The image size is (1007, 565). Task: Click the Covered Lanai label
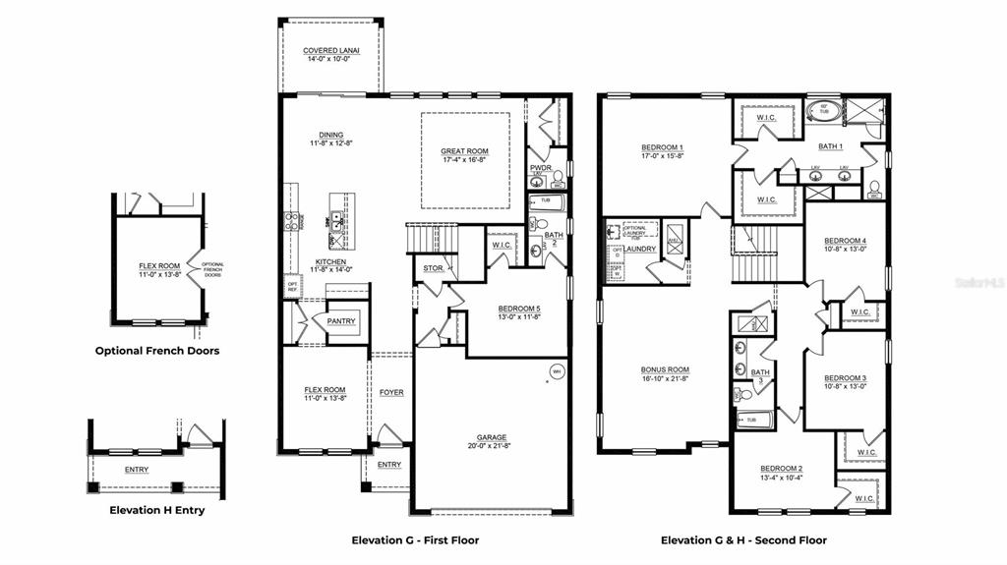330,50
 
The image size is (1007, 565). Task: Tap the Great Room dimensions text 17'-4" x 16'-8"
465,160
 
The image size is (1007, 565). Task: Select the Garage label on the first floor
492,437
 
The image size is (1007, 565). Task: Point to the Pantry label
341,321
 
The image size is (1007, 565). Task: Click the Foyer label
391,393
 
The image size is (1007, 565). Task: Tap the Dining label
330,135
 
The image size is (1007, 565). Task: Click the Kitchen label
330,261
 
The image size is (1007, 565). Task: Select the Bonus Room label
665,369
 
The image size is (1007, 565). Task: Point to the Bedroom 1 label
662,147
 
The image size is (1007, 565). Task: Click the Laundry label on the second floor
639,249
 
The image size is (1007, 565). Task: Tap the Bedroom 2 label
781,469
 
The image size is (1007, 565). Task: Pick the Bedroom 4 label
845,241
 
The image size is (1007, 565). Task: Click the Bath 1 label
831,146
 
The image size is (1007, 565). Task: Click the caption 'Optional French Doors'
156,351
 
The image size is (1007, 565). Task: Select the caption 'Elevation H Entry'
156,510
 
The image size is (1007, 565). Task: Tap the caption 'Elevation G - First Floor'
415,540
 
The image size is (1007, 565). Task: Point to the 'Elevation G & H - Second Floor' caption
743,540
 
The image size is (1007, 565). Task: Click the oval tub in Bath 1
822,111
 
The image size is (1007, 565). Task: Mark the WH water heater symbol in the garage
556,371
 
